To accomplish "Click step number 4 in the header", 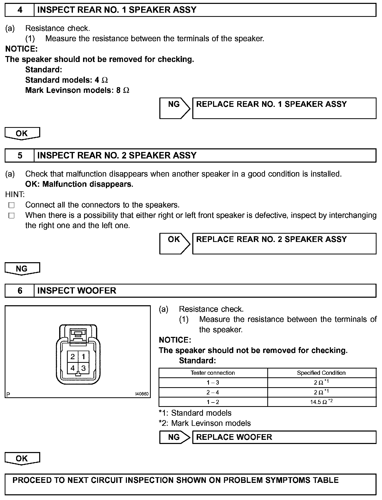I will pyautogui.click(x=20, y=10).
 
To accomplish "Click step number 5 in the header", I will pyautogui.click(x=20, y=156).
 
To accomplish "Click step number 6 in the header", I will pyautogui.click(x=20, y=291).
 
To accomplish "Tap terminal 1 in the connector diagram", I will pyautogui.click(x=84, y=357).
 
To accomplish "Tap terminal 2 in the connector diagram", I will pyautogui.click(x=73, y=357).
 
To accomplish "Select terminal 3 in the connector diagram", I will pyautogui.click(x=84, y=368).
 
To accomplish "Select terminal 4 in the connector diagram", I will pyautogui.click(x=73, y=368).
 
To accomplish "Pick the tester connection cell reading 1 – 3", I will pyautogui.click(x=213, y=383).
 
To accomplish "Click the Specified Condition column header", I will pyautogui.click(x=321, y=373).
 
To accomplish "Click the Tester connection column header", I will pyautogui.click(x=213, y=373).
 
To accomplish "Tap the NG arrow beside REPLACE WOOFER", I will pyautogui.click(x=174, y=437).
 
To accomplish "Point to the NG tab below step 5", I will pyautogui.click(x=22, y=269).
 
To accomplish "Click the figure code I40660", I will pyautogui.click(x=142, y=394).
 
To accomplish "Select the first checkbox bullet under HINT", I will pyautogui.click(x=11, y=205).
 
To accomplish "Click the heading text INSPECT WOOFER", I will pyautogui.click(x=77, y=291).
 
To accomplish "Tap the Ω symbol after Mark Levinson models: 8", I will pyautogui.click(x=126, y=91).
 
